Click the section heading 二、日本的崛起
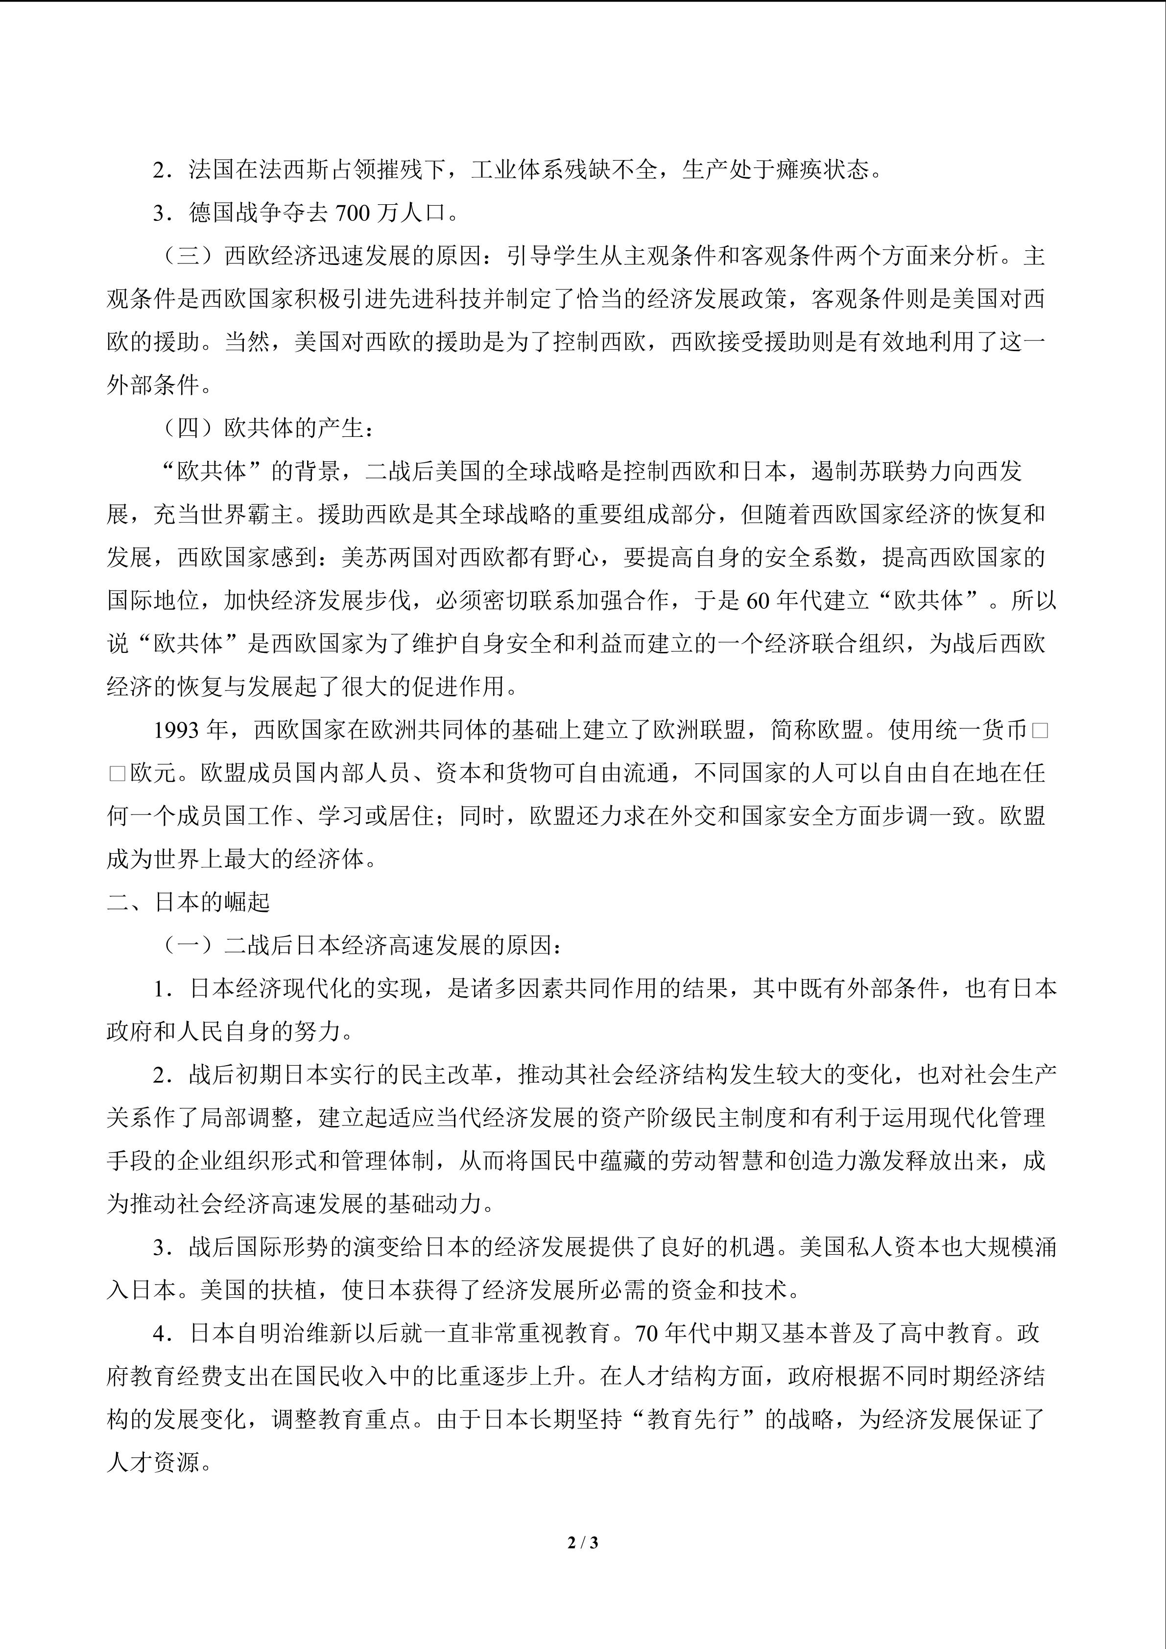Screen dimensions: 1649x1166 pyautogui.click(x=188, y=903)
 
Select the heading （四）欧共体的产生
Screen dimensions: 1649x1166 pyautogui.click(x=265, y=429)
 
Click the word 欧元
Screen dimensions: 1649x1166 pyautogui.click(x=153, y=773)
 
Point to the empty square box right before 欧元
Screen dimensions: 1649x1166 pyautogui.click(x=117, y=773)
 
